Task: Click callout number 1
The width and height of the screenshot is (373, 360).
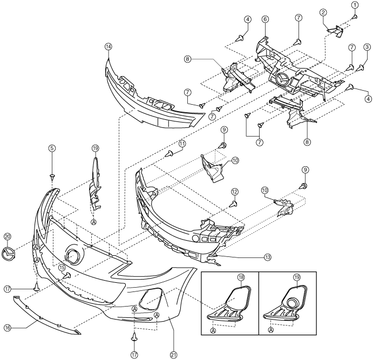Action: tap(355, 5)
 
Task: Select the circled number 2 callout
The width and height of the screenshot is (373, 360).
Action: tap(322, 12)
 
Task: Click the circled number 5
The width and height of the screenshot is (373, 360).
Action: tap(52, 147)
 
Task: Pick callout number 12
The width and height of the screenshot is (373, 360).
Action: tap(235, 192)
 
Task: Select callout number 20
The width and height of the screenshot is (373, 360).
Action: tap(7, 236)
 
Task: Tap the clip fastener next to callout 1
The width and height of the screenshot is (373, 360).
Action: tap(356, 18)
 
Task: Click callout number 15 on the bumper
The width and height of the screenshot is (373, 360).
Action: tap(63, 267)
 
